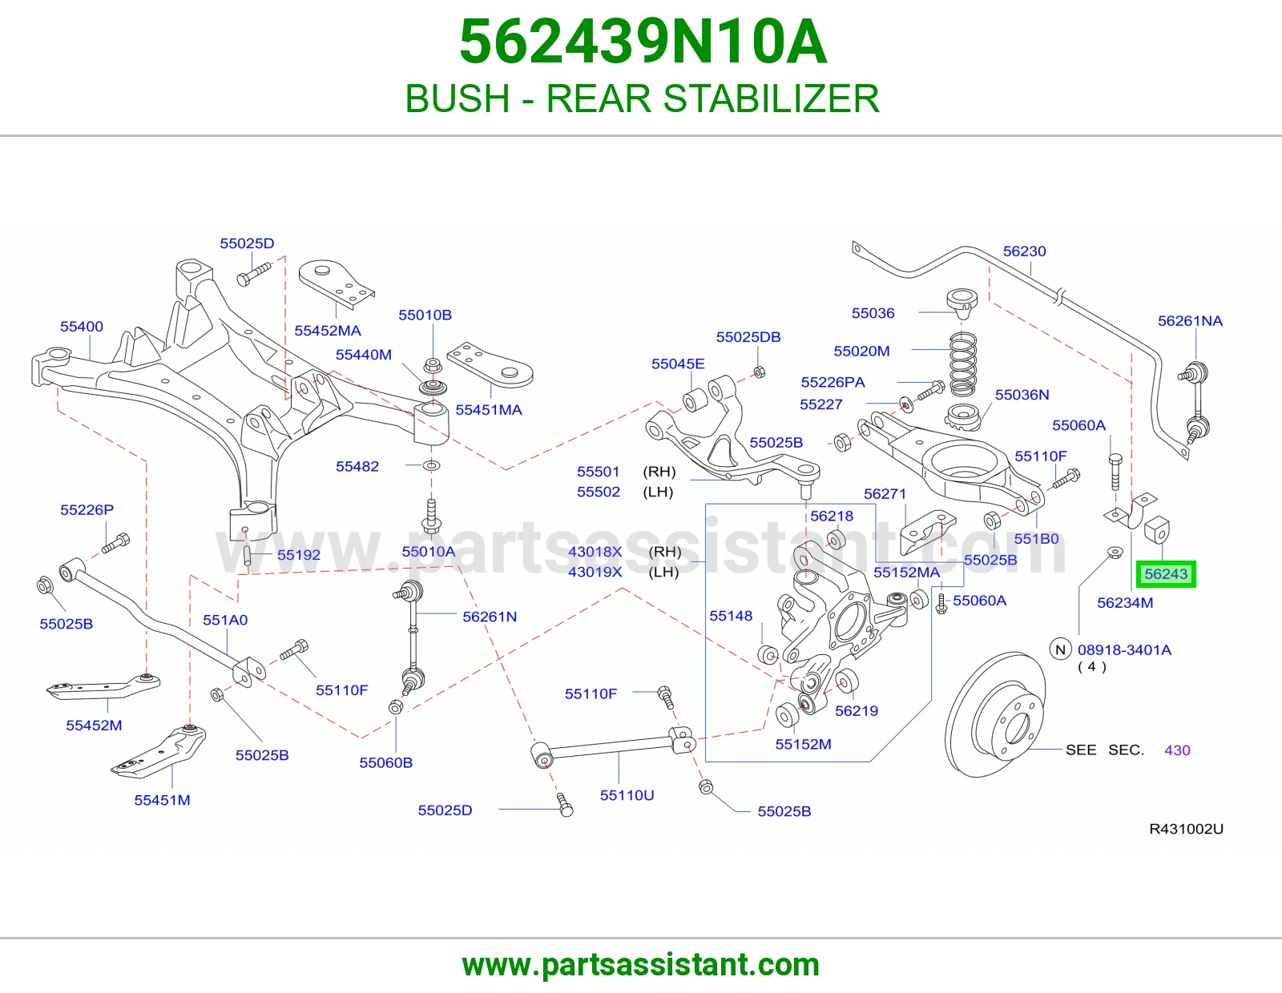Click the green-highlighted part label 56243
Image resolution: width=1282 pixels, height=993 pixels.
1166,573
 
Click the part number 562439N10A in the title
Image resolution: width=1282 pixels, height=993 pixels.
643,42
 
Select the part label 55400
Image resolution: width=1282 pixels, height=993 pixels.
82,326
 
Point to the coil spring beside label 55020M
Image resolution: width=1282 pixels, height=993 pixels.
962,364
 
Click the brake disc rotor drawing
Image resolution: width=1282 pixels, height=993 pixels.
996,714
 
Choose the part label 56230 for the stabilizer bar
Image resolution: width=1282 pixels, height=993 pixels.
1024,251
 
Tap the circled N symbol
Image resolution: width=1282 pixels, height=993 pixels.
1060,649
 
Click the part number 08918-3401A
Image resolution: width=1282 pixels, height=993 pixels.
1124,649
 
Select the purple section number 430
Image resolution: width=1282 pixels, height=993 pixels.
1177,750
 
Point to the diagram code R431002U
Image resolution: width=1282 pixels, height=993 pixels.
1187,829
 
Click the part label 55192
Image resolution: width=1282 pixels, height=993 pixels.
299,555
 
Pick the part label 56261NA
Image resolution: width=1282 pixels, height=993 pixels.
1190,321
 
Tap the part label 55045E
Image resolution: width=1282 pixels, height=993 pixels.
678,364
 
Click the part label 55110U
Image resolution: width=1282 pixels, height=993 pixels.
627,795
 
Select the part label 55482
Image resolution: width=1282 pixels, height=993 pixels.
357,466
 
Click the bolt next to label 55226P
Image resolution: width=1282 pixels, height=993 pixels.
115,543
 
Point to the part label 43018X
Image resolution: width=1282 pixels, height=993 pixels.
595,551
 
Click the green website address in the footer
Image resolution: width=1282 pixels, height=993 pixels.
641,965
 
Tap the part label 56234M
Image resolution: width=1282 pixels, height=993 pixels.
1125,603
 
